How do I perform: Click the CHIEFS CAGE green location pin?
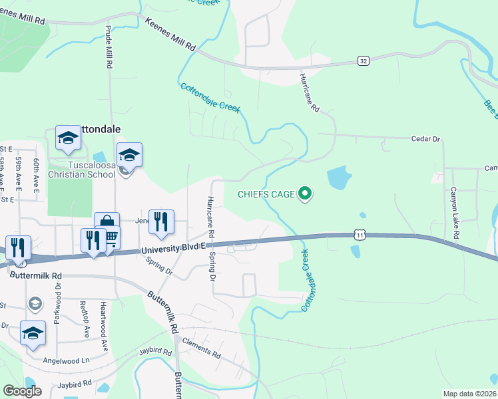306,194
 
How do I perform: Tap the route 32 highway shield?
363,61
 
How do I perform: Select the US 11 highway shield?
360,235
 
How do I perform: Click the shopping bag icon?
106,222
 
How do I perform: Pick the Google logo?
22,391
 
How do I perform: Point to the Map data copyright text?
470,394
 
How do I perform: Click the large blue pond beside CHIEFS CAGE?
339,178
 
